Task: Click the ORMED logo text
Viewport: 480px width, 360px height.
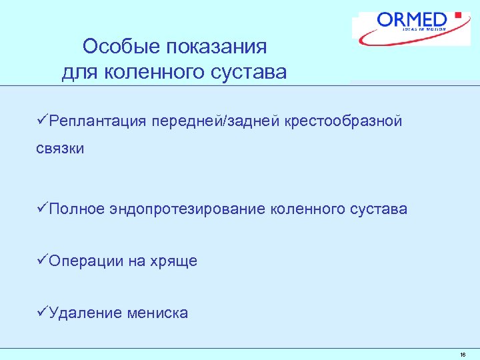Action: click(x=413, y=19)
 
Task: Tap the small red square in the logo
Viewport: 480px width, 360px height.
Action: click(x=458, y=14)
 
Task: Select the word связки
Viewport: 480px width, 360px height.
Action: click(x=60, y=149)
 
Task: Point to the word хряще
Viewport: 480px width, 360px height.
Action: click(x=173, y=261)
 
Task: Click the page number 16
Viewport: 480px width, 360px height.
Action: click(x=463, y=355)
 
